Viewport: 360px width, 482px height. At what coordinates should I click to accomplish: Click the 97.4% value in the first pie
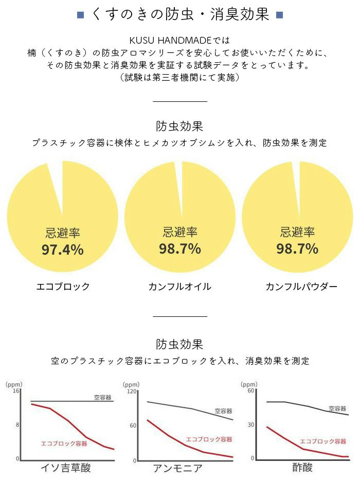coord(62,250)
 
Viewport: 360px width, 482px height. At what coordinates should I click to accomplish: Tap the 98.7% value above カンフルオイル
coord(180,249)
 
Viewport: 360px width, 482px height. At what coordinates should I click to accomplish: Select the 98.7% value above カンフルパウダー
coord(297,249)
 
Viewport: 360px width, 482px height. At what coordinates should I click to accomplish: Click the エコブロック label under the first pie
coord(63,287)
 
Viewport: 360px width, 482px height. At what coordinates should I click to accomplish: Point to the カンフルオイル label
coord(179,287)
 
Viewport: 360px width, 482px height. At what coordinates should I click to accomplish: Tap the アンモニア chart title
coord(177,468)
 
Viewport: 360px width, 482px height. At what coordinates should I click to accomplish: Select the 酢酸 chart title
coord(302,468)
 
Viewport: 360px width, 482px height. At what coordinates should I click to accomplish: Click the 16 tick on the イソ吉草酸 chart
coord(16,391)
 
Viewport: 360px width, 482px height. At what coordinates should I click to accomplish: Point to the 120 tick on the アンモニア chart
coord(132,392)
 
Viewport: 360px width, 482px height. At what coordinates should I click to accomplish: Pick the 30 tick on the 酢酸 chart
coord(251,424)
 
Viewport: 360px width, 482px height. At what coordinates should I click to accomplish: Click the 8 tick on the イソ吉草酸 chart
coord(17,424)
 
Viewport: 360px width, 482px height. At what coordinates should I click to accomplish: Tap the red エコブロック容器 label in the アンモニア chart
coord(209,439)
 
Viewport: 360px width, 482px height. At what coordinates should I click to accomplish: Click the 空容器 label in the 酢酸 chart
coord(337,408)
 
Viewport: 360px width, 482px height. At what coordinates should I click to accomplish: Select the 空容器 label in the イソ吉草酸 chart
coord(102,398)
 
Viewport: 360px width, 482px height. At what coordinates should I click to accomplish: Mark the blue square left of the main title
coord(80,14)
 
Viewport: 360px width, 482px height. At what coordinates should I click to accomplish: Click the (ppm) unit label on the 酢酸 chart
coord(249,384)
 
